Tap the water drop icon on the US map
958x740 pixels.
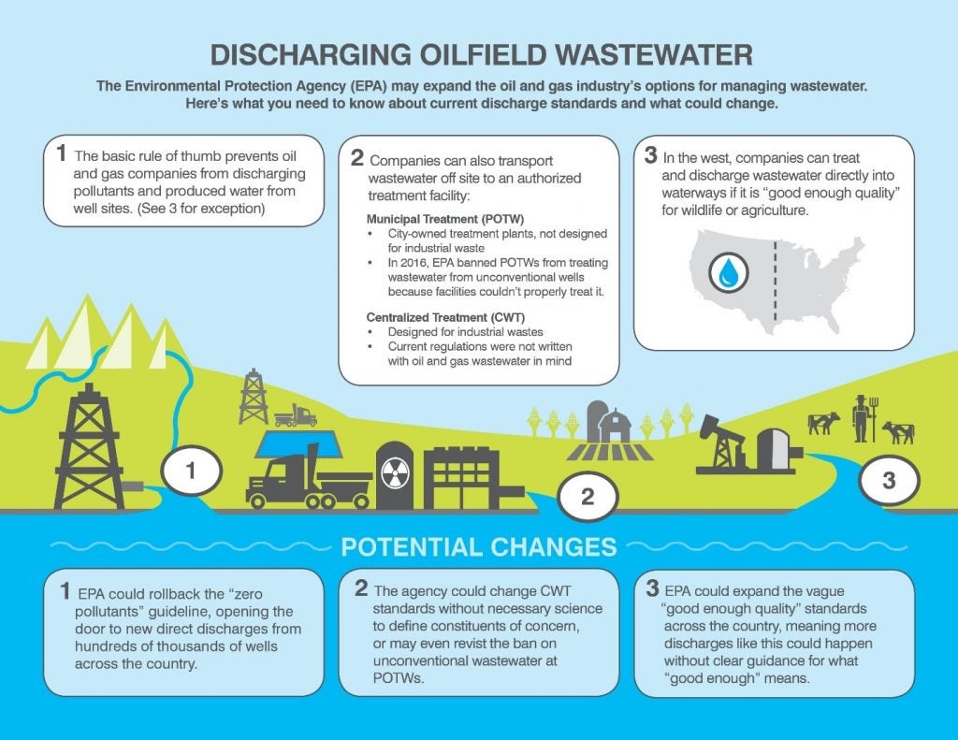[728, 272]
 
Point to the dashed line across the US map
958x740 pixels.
[775, 281]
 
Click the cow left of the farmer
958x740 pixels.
[823, 422]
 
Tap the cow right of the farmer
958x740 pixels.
[899, 432]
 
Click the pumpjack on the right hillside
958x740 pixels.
[722, 442]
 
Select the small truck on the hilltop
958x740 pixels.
[295, 415]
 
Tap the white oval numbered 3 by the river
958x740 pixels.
[889, 480]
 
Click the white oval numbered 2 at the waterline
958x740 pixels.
[588, 496]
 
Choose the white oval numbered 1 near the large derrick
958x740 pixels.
[191, 472]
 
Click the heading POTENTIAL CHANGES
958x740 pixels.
[479, 547]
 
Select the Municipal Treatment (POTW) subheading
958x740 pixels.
[445, 219]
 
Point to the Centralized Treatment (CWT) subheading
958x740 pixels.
[445, 317]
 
